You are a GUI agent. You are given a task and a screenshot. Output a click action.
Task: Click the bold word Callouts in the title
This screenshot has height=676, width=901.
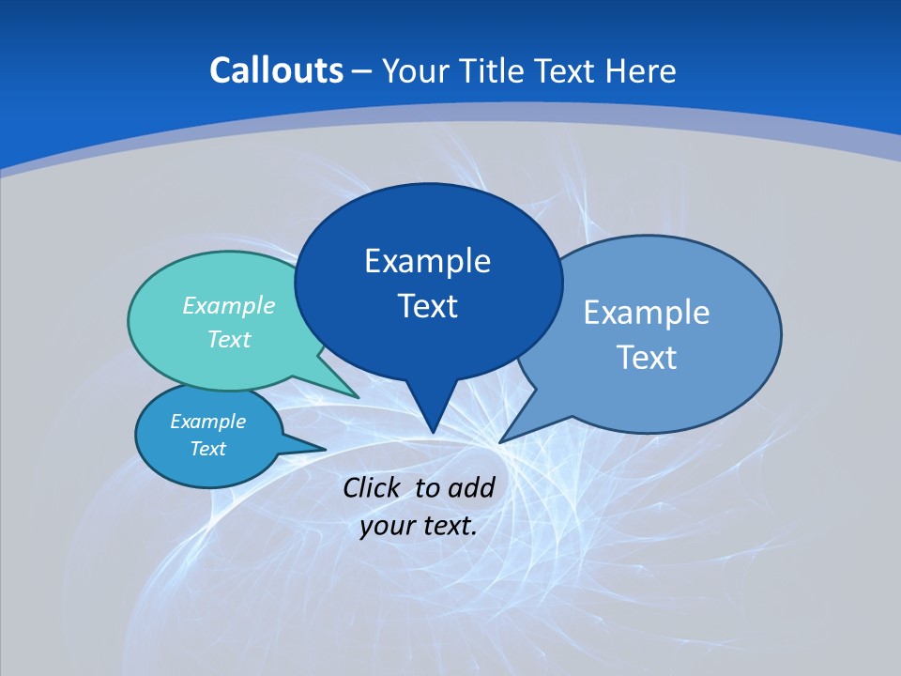coord(277,70)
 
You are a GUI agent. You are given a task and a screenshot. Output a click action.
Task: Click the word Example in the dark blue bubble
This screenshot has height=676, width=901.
coord(427,261)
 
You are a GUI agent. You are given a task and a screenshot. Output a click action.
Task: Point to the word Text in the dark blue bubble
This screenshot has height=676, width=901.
coord(427,306)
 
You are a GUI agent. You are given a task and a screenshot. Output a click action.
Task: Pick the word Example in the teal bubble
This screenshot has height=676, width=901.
coord(229,305)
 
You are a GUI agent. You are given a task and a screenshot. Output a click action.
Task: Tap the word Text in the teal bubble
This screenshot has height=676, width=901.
coord(229,339)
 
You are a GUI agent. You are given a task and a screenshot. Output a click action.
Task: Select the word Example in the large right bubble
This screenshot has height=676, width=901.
coord(647,313)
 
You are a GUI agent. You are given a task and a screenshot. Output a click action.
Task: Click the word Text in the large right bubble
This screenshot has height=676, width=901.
coord(647,358)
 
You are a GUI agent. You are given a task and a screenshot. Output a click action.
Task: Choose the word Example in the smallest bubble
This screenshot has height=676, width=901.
coord(207,422)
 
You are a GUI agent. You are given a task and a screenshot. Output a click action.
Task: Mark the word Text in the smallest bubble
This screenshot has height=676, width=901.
coord(207,449)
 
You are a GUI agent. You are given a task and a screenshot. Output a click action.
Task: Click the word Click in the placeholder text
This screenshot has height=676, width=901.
coord(374,487)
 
